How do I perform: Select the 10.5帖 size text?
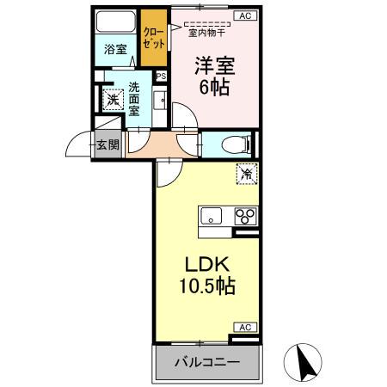click(x=206, y=285)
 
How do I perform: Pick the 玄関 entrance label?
click(x=108, y=144)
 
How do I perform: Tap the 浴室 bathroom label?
click(x=114, y=50)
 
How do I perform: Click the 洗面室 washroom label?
click(x=135, y=98)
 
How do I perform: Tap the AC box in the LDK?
click(x=244, y=328)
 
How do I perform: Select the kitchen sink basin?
click(x=212, y=215)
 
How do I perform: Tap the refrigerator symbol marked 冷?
click(x=246, y=175)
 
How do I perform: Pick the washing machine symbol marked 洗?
click(x=111, y=100)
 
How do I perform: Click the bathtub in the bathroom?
click(x=114, y=23)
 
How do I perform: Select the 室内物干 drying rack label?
click(x=207, y=34)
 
